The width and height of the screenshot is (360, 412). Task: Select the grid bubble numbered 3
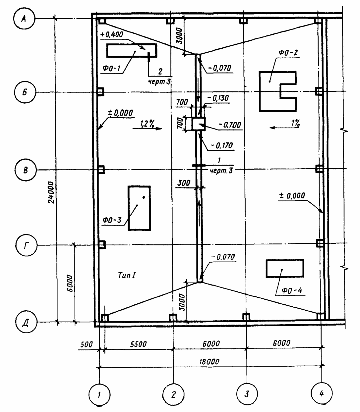point(247,393)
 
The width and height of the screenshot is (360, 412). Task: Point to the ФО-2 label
point(288,53)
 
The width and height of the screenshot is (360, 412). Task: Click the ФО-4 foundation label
point(292,290)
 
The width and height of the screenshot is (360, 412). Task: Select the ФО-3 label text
point(112,220)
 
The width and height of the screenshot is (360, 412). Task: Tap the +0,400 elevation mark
point(111,34)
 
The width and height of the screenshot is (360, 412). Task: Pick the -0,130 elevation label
point(218,98)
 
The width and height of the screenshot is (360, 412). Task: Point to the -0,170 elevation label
point(222,145)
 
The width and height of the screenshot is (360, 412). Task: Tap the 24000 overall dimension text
point(51,192)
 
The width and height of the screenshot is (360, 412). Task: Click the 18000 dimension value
point(209,362)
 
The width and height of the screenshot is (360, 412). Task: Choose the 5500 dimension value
point(138,344)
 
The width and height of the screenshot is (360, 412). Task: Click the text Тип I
point(127,275)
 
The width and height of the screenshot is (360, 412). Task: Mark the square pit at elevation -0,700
point(198,124)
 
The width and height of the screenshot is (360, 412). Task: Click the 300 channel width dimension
point(184,183)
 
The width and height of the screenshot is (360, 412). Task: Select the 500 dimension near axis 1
point(87,344)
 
